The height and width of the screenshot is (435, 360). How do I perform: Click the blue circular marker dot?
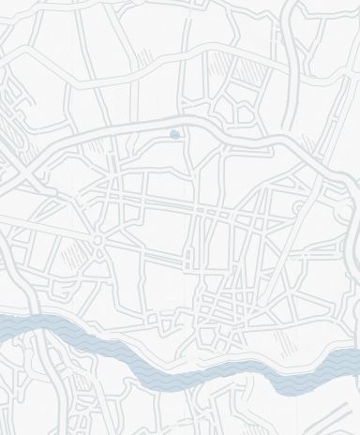coord(175,135)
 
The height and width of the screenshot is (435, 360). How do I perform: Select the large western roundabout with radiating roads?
coord(98,240)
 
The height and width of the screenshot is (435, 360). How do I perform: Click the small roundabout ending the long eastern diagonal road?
coord(300,206)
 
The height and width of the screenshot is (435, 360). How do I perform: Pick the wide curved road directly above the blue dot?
coord(174,123)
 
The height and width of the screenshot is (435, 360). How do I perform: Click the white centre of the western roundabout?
coord(98,240)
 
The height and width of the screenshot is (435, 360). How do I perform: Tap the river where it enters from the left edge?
coord(6,325)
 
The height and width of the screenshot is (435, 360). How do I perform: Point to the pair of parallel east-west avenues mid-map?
coord(187,208)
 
